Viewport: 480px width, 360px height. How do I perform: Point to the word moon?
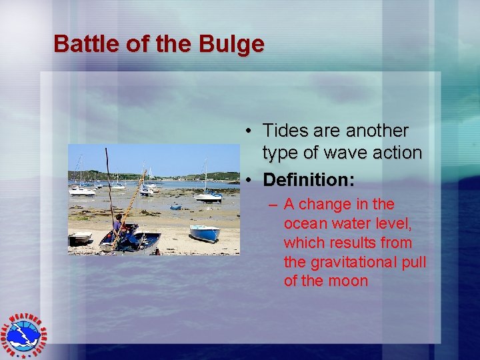click(x=347, y=281)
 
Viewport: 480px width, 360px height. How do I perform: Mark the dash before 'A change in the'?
click(x=273, y=204)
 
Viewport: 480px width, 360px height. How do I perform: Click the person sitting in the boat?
click(x=119, y=225)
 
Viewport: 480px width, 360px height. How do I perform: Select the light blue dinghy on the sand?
click(x=204, y=233)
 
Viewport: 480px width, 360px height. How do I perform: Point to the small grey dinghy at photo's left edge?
click(x=80, y=237)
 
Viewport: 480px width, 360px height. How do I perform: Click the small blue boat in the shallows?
click(x=176, y=207)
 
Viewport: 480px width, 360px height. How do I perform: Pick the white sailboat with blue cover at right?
click(x=208, y=196)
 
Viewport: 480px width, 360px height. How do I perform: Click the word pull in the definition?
click(x=411, y=261)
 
